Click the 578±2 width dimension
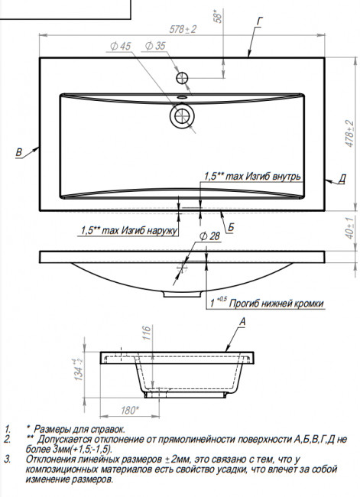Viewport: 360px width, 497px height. tap(183, 29)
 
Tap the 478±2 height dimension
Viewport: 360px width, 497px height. tap(349, 134)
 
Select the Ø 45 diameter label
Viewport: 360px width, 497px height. tap(120, 47)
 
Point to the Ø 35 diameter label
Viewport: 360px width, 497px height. tap(155, 46)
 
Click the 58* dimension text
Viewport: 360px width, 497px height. tap(218, 17)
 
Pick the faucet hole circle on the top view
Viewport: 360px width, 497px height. tap(182, 78)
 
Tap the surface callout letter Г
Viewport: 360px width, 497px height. tap(260, 21)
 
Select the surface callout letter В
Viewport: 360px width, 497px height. tap(19, 152)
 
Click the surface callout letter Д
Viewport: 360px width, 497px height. tap(342, 179)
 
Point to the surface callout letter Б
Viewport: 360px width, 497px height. tap(231, 227)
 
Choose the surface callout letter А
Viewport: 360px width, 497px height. tap(242, 322)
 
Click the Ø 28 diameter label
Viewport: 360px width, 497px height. tap(209, 236)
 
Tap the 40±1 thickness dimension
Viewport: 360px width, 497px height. tap(349, 228)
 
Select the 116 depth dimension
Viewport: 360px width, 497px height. tap(147, 333)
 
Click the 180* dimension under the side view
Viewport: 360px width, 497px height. tap(130, 410)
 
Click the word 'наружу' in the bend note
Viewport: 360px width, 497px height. tap(157, 230)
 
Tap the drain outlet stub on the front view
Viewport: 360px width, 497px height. tap(182, 294)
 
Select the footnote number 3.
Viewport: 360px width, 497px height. tap(8, 460)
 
